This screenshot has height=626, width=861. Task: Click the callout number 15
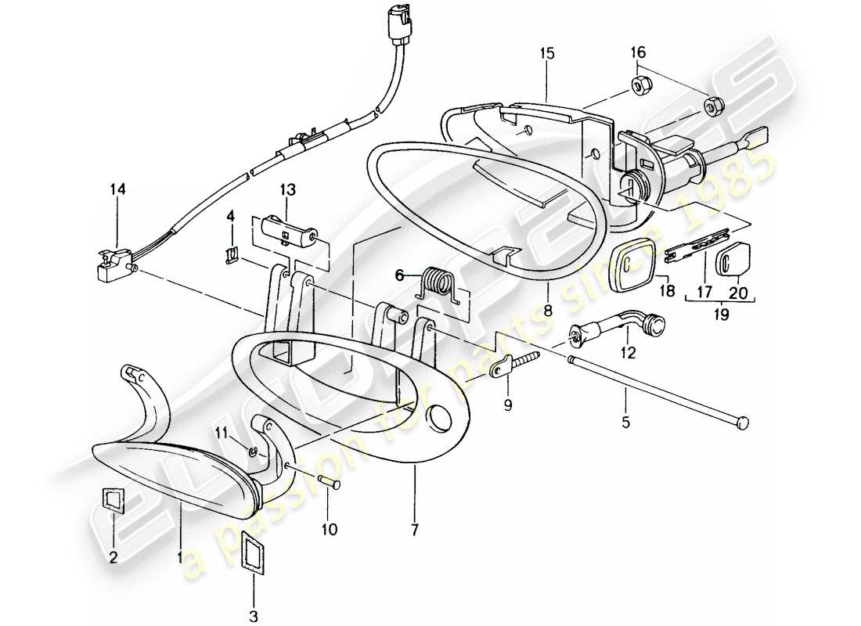tap(546, 53)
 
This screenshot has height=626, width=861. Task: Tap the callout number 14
tap(117, 189)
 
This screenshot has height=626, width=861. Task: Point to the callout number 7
tap(414, 530)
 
